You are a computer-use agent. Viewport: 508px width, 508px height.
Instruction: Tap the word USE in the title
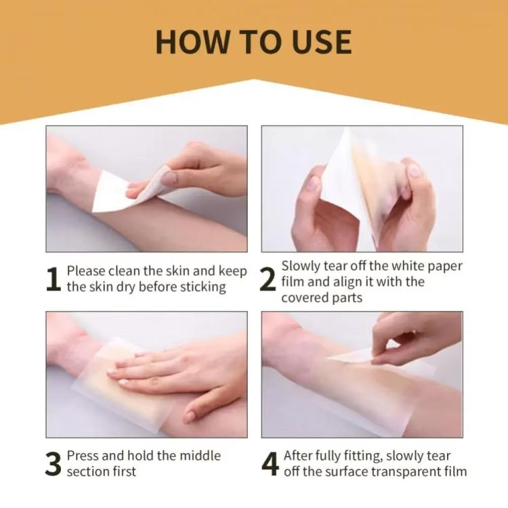tap(318, 41)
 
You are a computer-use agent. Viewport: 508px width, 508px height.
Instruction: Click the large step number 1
tap(54, 279)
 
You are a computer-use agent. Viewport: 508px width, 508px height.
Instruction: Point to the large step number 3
tap(54, 463)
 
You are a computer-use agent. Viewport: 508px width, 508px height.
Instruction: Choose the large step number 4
tap(270, 463)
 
